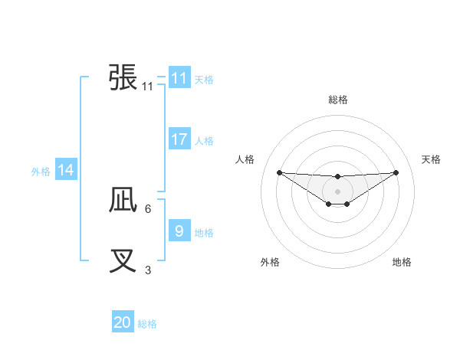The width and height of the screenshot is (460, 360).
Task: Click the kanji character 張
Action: (x=123, y=77)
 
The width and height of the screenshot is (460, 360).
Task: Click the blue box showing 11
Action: (x=179, y=78)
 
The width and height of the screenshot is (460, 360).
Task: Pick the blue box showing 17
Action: (x=179, y=139)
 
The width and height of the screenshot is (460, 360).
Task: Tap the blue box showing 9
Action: (x=179, y=231)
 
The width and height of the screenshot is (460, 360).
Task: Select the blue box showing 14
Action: (x=66, y=171)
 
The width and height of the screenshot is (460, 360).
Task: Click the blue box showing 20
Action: (x=123, y=322)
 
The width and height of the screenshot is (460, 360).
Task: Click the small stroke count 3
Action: (x=148, y=270)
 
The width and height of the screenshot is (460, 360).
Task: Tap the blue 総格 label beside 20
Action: (x=147, y=324)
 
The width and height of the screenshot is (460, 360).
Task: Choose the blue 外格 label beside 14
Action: (x=41, y=172)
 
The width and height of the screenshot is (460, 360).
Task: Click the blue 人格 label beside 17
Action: (x=204, y=141)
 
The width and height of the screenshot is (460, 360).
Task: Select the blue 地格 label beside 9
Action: (x=204, y=232)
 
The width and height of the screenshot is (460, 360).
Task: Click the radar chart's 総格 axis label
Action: (x=338, y=100)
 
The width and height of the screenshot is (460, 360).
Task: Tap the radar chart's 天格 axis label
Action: (x=432, y=159)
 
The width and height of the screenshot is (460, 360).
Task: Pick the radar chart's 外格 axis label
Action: (x=270, y=262)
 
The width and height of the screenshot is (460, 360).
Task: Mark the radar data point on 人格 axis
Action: (x=279, y=172)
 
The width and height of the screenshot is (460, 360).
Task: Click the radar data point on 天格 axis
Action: (x=396, y=172)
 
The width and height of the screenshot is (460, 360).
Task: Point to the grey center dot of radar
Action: (x=338, y=191)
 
